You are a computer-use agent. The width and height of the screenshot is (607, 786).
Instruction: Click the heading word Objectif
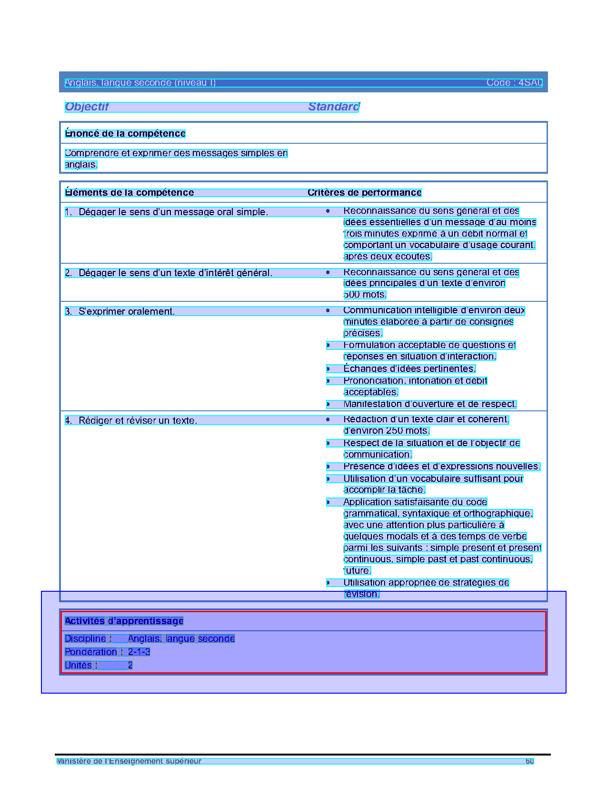tap(87, 107)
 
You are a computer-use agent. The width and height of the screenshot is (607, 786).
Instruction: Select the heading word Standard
tap(334, 107)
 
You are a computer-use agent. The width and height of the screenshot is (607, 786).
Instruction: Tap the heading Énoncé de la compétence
tap(125, 134)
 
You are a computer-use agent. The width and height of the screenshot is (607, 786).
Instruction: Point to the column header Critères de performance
tap(364, 193)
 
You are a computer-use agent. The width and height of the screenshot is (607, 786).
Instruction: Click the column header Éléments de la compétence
tap(129, 193)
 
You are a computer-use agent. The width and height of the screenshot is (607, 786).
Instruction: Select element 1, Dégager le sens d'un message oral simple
tap(173, 212)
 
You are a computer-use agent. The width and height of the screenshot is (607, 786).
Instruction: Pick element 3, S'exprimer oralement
tap(127, 312)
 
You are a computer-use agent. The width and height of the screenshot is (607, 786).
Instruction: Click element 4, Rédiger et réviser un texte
tap(138, 421)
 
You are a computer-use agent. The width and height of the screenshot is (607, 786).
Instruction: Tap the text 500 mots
tap(365, 295)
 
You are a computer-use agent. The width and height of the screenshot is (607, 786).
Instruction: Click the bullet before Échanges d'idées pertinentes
tap(328, 369)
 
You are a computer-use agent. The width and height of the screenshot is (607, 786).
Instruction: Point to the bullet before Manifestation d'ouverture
tap(328, 404)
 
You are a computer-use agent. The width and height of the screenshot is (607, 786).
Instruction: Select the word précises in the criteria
tap(363, 333)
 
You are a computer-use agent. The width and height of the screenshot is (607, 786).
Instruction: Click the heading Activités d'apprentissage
tap(124, 621)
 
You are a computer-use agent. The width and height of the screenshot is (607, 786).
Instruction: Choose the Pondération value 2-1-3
tap(139, 652)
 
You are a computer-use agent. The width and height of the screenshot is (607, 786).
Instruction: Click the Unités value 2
tap(130, 666)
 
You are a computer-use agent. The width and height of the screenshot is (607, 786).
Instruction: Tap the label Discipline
tap(85, 639)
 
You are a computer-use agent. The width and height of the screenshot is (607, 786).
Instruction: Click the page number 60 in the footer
tap(529, 761)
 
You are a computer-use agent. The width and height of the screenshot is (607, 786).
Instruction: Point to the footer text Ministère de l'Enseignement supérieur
tap(129, 761)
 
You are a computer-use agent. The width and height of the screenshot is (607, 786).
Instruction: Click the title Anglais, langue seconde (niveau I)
tap(140, 83)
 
